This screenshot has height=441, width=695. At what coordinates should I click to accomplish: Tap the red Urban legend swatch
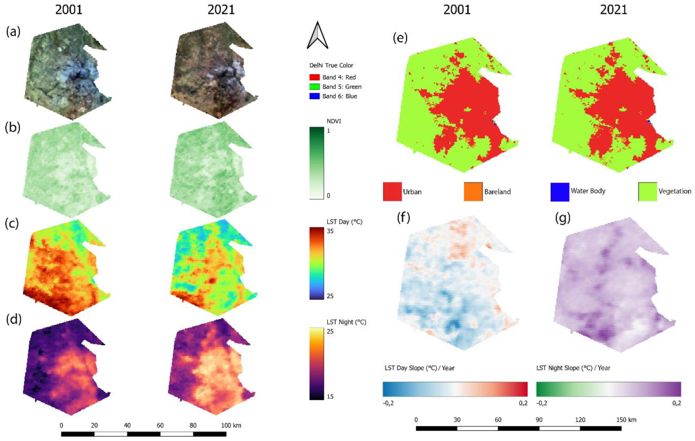tap(392, 191)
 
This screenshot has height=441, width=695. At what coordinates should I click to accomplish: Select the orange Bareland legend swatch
tap(473, 191)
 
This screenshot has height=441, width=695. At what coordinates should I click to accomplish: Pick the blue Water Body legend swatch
tap(560, 192)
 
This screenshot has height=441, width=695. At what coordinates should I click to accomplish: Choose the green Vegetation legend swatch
tap(647, 191)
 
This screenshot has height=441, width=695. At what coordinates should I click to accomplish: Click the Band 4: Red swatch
tap(314, 77)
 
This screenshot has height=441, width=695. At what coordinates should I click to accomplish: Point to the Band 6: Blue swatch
tap(314, 96)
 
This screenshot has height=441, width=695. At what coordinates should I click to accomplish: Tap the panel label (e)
tap(400, 38)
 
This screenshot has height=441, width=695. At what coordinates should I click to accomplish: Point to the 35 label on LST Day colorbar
tap(330, 231)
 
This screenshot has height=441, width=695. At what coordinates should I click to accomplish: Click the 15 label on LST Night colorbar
tap(330, 396)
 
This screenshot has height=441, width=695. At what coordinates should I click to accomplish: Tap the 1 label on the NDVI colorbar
tap(328, 131)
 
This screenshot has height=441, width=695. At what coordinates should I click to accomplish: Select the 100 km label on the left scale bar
tap(231, 425)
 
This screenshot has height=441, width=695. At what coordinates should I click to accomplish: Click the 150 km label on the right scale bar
tap(626, 420)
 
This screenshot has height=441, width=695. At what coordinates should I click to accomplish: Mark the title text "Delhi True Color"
tap(331, 65)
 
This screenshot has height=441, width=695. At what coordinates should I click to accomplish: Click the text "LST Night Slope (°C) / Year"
tap(573, 368)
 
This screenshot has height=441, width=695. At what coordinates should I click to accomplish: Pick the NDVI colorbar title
tap(334, 121)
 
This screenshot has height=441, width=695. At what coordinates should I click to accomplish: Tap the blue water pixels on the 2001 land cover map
tap(494, 122)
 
